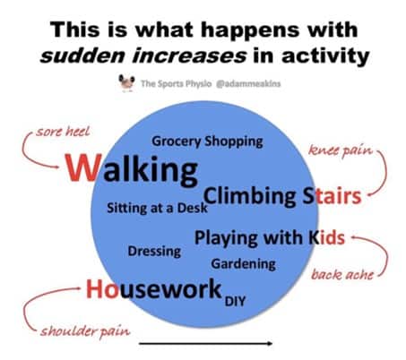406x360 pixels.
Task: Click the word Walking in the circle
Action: click(x=130, y=168)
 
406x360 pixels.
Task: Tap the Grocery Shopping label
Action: click(x=207, y=141)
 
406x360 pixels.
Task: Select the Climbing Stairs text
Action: click(x=281, y=195)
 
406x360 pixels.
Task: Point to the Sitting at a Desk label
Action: click(x=156, y=208)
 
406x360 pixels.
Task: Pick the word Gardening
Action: click(x=243, y=264)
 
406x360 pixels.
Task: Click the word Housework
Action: click(x=153, y=288)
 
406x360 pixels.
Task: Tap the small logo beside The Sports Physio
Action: click(x=125, y=84)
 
